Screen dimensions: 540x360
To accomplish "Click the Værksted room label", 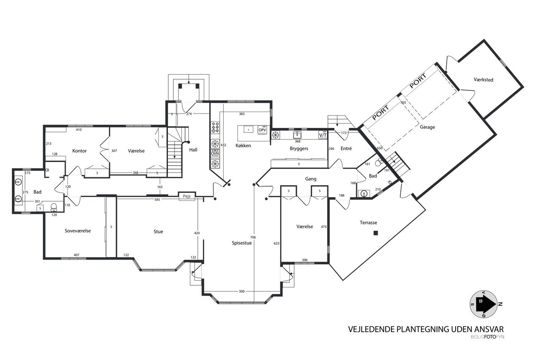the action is coord(483,80).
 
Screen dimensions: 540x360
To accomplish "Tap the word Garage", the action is coord(427,127).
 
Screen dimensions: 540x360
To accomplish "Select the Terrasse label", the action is coord(368,222).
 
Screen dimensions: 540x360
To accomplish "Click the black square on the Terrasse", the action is coord(375,233).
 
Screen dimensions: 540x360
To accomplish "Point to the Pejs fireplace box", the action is coord(187,196).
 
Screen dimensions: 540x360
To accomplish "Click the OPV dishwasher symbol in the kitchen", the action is coord(262,130).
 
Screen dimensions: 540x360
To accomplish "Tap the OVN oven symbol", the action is coord(215,153).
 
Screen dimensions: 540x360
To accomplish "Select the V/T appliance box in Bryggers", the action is coord(323,135).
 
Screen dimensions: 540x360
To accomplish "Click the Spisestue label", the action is coord(242,243).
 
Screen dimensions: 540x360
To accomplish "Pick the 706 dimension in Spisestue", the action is coord(253,237).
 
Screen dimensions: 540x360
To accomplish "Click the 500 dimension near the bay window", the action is coord(242,291).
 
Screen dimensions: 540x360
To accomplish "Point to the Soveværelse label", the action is coord(78,231).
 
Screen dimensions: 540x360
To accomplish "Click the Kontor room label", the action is coord(79,151).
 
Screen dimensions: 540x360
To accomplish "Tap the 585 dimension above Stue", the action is coord(157,200).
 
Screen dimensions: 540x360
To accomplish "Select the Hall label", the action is coord(193,150).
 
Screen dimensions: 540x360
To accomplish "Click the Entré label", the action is coord(346,149).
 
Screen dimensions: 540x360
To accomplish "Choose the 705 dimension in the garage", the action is coord(403,103).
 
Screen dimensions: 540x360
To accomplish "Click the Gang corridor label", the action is coord(310,179).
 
